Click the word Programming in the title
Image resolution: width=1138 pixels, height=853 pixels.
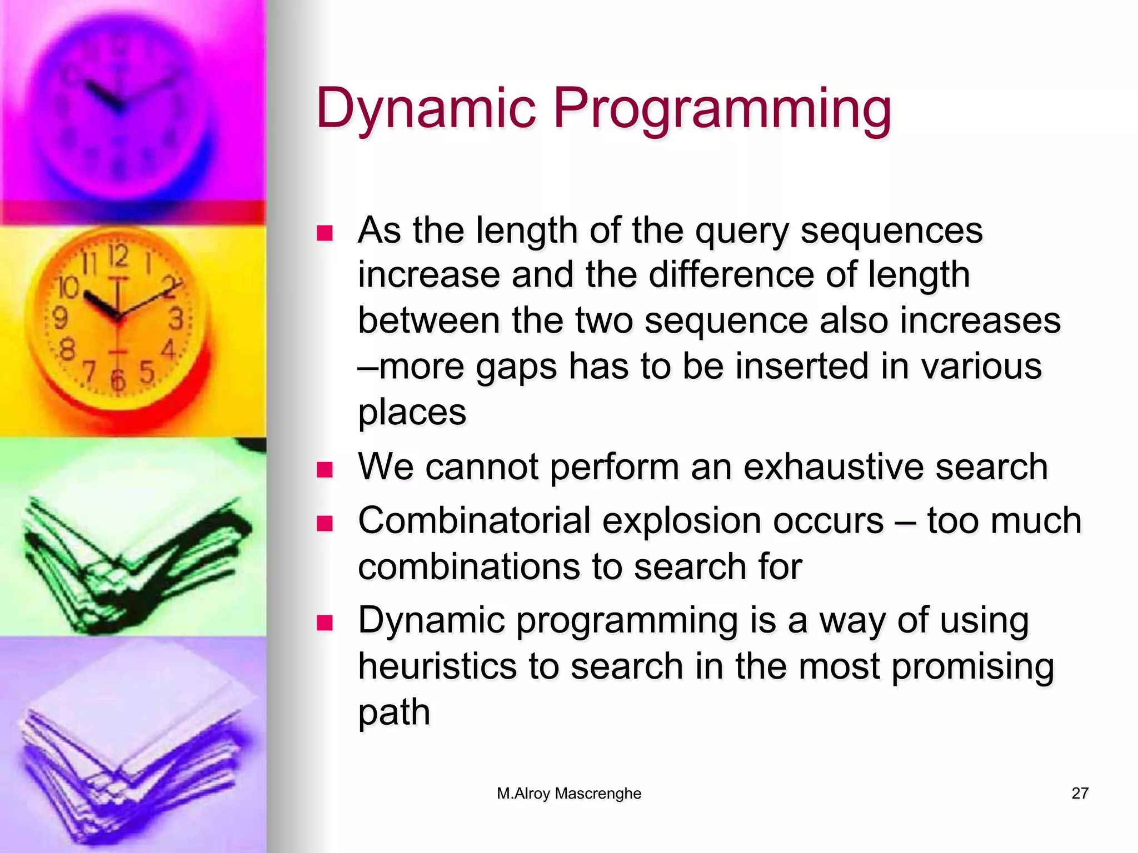coord(722,108)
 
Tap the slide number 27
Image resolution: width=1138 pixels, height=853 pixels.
coord(1079,793)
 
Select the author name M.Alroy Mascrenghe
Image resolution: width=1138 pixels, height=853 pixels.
coord(569,793)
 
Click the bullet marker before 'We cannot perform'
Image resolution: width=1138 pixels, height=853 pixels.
coord(325,470)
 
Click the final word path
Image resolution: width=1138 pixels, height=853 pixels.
coord(394,712)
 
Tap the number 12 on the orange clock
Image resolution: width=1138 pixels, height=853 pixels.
coord(118,256)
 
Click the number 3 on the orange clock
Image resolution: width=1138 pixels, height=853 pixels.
coord(176,318)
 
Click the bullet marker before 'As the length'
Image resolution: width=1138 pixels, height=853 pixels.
coord(325,233)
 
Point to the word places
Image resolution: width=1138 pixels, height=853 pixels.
coord(412,413)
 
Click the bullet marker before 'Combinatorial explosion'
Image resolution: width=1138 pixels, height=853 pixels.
coord(325,524)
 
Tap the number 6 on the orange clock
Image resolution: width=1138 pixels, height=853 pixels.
coord(118,380)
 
